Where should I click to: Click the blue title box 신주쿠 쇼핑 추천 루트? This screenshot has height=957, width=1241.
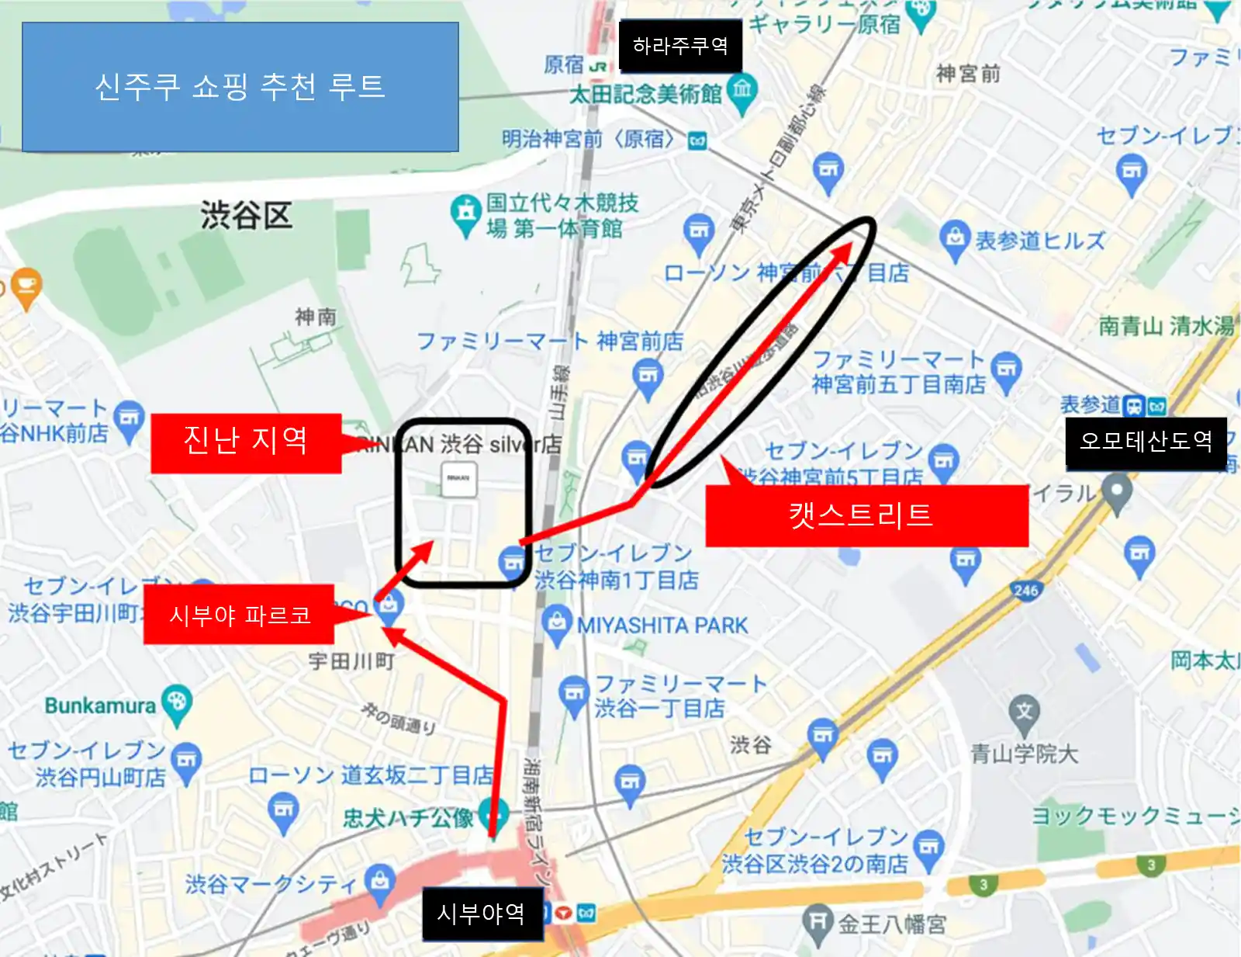tap(240, 87)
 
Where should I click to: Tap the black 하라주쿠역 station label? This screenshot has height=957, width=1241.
tap(680, 47)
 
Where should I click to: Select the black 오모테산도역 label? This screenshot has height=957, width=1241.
tap(1146, 442)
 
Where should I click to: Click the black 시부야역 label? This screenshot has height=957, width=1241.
tap(482, 914)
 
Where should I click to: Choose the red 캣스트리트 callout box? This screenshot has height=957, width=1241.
tap(866, 515)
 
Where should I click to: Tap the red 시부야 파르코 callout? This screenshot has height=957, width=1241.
tap(239, 615)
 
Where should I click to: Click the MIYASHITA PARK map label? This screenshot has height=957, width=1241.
tap(662, 626)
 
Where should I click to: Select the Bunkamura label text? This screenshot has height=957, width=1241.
tap(100, 706)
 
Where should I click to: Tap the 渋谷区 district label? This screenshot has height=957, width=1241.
tap(246, 216)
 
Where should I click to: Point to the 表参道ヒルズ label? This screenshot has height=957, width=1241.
tap(1039, 241)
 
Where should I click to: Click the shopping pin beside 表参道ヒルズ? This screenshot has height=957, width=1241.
tap(954, 238)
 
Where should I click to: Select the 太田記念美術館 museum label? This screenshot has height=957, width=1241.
tap(645, 95)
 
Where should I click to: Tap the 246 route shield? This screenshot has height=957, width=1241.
tap(1025, 591)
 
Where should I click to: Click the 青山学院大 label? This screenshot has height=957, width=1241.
tap(1024, 754)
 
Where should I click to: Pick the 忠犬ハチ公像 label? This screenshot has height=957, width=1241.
tap(408, 818)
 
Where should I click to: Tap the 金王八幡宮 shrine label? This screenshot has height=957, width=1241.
tap(892, 924)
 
